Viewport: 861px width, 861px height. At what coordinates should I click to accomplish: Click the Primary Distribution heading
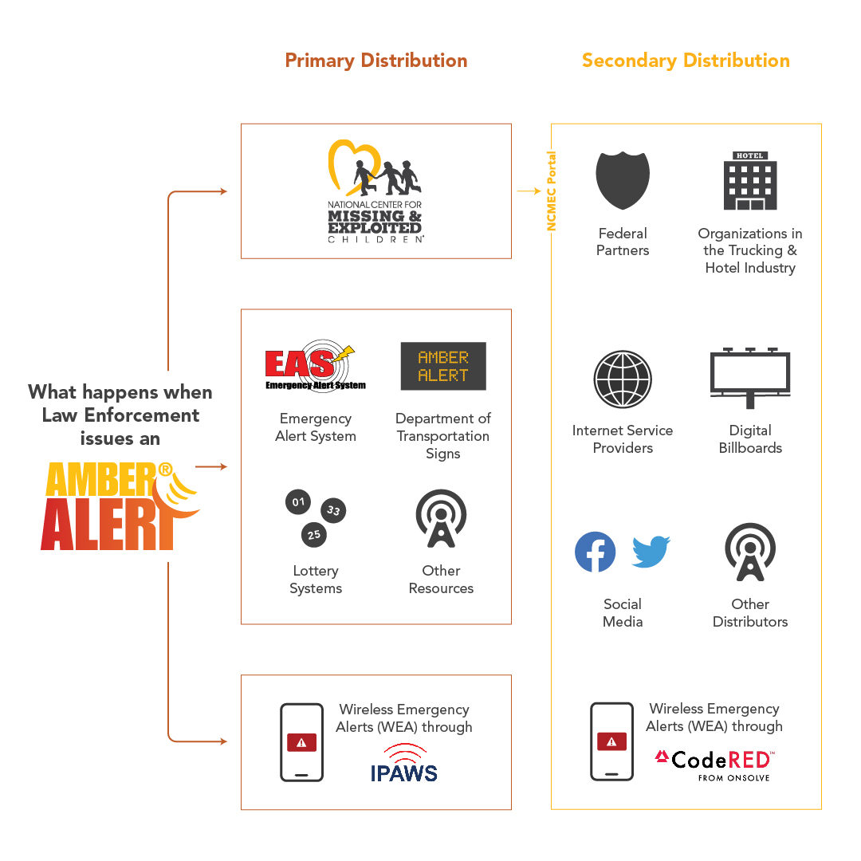coord(375,61)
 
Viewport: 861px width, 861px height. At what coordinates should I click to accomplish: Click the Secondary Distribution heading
coord(686,61)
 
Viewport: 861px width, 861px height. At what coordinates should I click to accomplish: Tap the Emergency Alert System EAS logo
coord(315,368)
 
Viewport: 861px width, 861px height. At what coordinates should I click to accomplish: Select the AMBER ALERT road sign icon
coord(443,366)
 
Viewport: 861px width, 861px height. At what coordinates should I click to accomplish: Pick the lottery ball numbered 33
coord(333,510)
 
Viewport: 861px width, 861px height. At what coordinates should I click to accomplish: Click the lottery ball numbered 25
coord(313,534)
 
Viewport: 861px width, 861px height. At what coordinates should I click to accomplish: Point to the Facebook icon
coord(596,552)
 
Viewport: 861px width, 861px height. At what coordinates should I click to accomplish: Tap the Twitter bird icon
coord(651,551)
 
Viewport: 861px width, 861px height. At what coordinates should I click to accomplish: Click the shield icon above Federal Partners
coord(623,181)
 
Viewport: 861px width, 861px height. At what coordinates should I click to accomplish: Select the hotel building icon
coord(750,181)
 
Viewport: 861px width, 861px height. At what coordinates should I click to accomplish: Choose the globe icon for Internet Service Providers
coord(623,379)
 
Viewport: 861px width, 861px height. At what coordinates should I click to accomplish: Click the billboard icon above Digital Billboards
coord(750,377)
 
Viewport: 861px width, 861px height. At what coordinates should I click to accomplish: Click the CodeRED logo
coord(714,764)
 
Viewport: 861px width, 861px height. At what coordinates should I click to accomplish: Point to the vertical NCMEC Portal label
coord(551,191)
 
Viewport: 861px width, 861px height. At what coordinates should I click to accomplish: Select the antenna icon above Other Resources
coord(441,519)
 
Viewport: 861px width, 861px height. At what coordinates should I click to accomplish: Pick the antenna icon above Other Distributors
coord(750,552)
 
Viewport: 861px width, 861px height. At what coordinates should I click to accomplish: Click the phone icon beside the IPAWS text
coord(301,742)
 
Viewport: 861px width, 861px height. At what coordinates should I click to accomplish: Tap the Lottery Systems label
coord(316,580)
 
